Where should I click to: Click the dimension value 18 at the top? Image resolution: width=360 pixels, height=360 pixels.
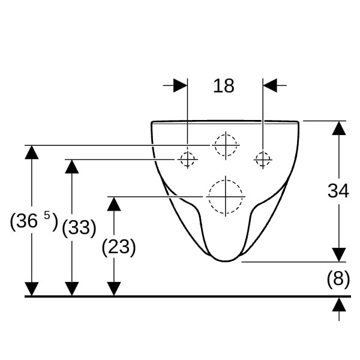coord(224,86)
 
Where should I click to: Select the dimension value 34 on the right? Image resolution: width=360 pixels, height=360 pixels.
coord(338,191)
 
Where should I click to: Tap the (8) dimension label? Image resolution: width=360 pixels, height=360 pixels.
coord(338,279)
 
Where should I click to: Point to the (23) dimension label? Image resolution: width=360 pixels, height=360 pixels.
coord(119,247)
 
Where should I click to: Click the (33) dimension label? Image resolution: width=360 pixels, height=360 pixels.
coord(79,228)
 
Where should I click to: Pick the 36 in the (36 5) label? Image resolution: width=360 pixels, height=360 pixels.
coord(27,221)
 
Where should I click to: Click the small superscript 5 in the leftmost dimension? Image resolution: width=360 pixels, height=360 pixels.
coord(47,216)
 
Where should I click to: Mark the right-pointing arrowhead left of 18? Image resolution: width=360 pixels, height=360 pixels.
coord(181,85)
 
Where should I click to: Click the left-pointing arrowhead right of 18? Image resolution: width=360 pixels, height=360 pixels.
coord(270,85)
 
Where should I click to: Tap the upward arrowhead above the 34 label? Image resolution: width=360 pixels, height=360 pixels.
coord(339,128)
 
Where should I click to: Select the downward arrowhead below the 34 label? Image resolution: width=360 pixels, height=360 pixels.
coord(339,254)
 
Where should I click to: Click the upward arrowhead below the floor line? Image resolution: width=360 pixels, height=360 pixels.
coord(339,305)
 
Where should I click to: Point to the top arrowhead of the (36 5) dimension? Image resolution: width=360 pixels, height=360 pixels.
coord(31,152)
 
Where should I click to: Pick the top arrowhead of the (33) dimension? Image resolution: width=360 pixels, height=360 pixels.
coord(72,166)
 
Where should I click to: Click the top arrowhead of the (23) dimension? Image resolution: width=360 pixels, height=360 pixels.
coord(114,204)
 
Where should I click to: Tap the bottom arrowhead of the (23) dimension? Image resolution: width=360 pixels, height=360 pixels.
coord(114,289)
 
